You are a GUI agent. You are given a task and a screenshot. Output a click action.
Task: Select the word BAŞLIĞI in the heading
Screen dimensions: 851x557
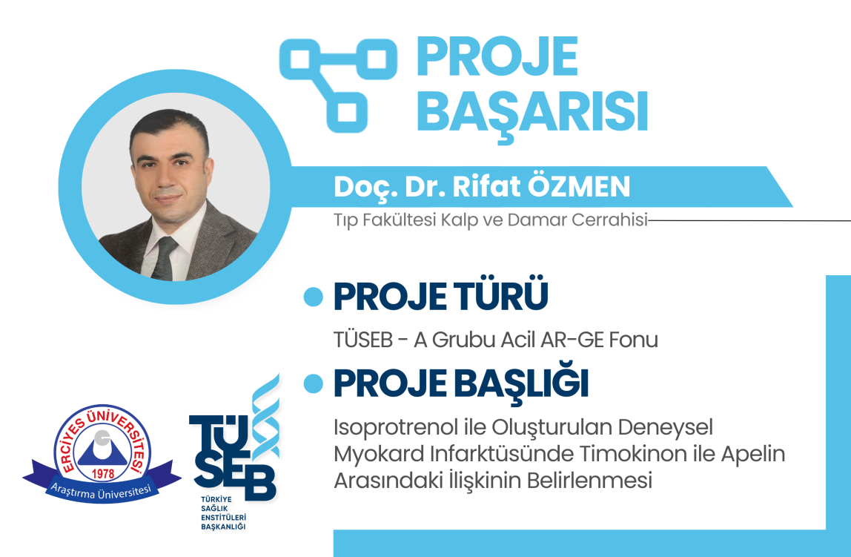coord(521,383)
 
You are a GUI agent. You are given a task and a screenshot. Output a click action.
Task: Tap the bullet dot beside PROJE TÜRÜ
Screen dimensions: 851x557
coord(313,297)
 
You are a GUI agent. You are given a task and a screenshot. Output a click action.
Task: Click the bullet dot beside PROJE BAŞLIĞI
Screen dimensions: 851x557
coord(313,383)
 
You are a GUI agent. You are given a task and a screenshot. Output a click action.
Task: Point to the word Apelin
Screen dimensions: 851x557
coord(752,454)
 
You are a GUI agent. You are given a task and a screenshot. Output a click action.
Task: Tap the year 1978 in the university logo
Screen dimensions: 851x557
coord(102,473)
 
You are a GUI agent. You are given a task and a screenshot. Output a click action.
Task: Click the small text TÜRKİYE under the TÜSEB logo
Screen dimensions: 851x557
coord(216,499)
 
